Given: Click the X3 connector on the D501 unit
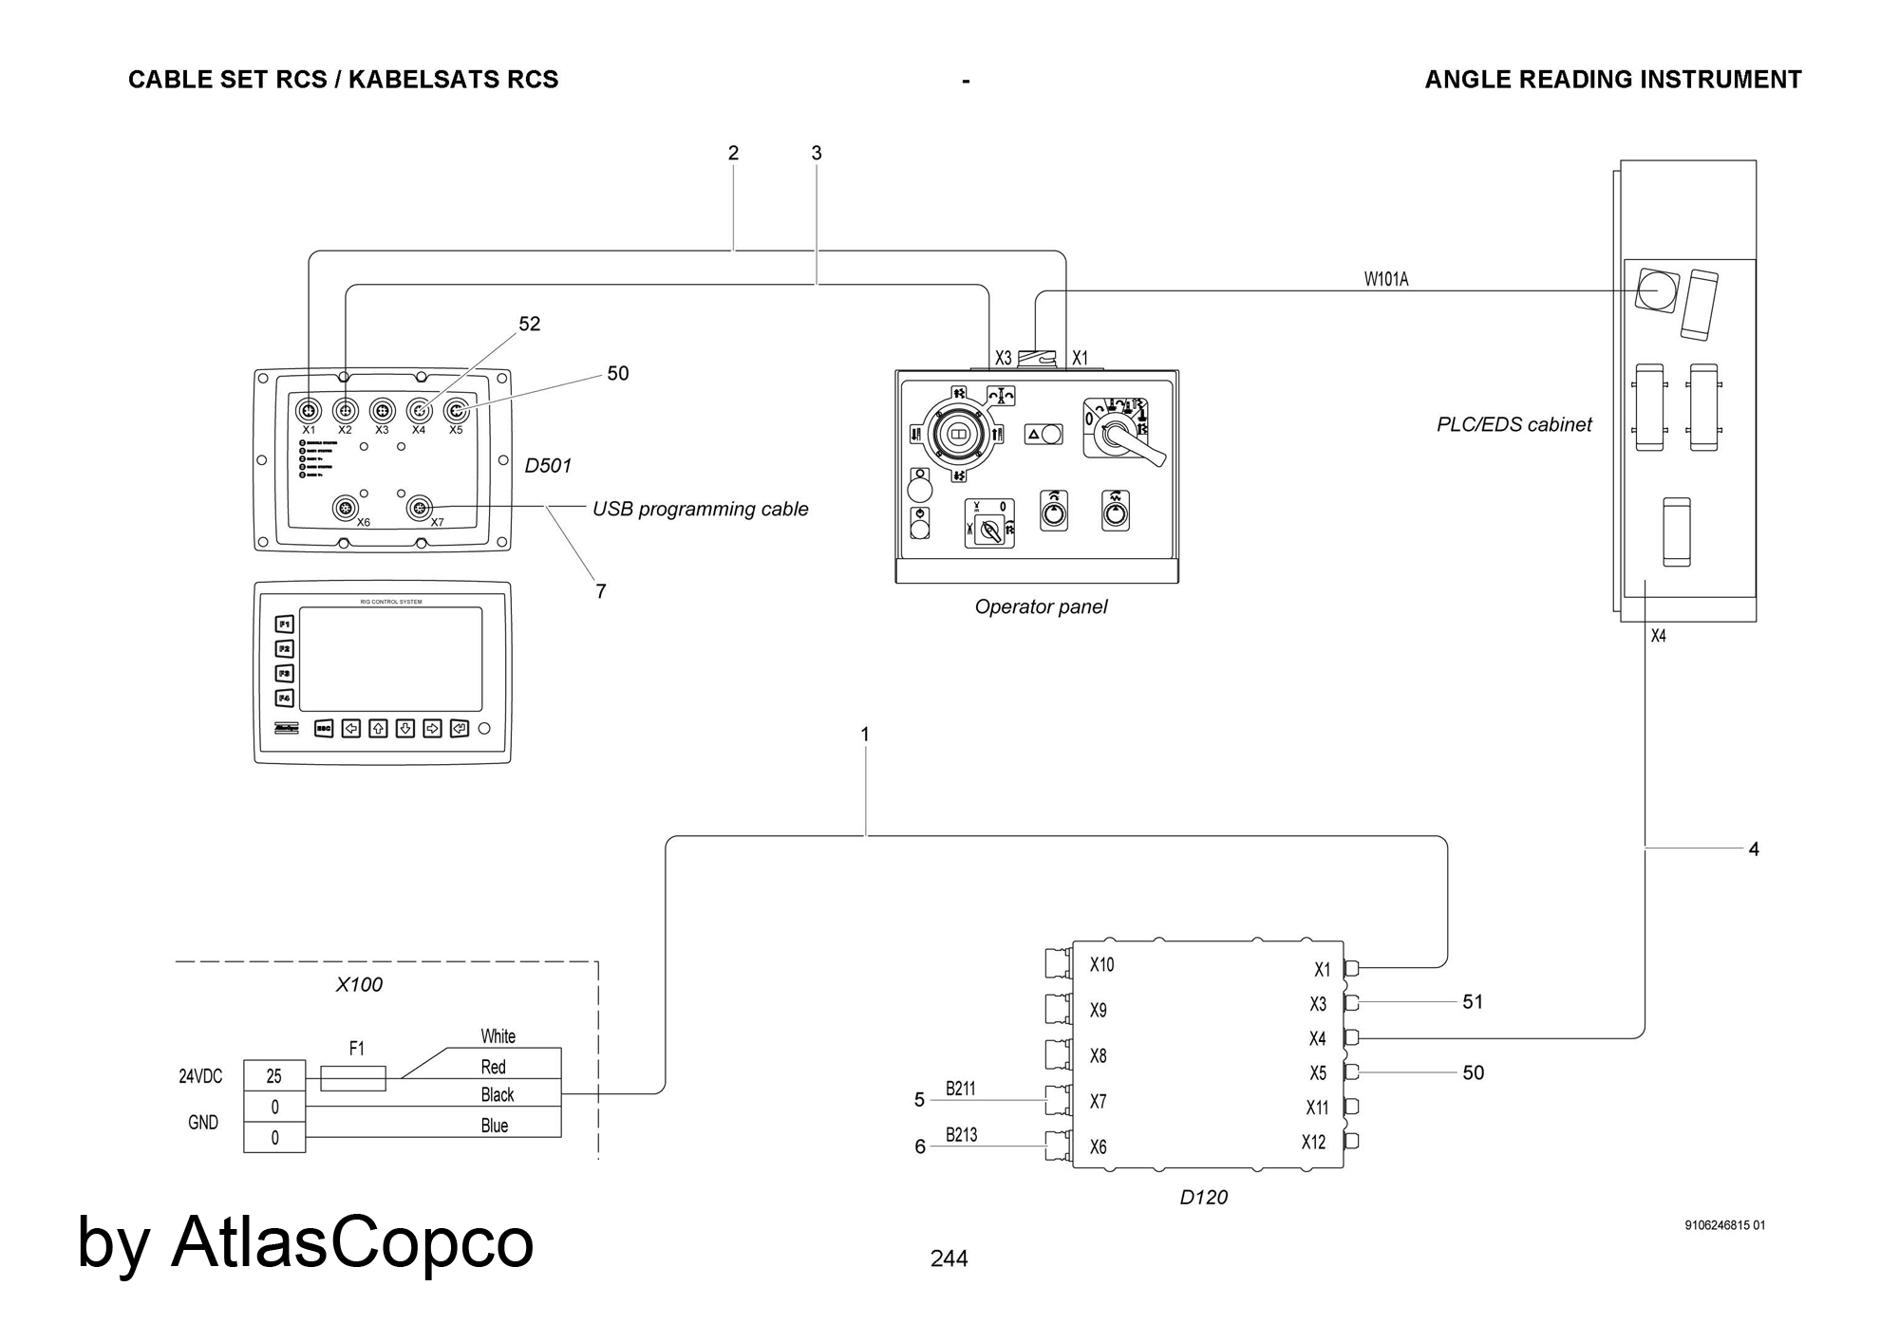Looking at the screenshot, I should [x=382, y=411].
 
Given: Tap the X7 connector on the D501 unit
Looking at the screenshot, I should [x=419, y=509].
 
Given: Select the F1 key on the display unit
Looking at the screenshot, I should [x=285, y=624].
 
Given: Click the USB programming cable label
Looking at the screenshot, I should [x=700, y=509].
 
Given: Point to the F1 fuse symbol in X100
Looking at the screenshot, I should [x=353, y=1078].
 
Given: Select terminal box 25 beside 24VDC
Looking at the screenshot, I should [x=274, y=1076].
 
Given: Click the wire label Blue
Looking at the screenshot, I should [x=495, y=1126].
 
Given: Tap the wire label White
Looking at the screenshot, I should [x=498, y=1036].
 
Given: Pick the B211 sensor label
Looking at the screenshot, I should [x=960, y=1089].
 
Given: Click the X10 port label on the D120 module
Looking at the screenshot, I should [x=1101, y=965].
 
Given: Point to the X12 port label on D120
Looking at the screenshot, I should [x=1313, y=1143].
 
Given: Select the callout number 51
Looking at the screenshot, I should [x=1472, y=1002].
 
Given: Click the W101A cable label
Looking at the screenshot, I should [x=1385, y=279].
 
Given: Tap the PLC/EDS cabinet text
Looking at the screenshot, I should [x=1514, y=424].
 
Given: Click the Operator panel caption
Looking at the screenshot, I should [x=1041, y=606].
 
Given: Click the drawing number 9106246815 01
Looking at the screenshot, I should [x=1724, y=1225].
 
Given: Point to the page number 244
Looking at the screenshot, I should [x=949, y=1258].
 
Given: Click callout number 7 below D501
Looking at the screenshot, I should [x=600, y=591].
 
